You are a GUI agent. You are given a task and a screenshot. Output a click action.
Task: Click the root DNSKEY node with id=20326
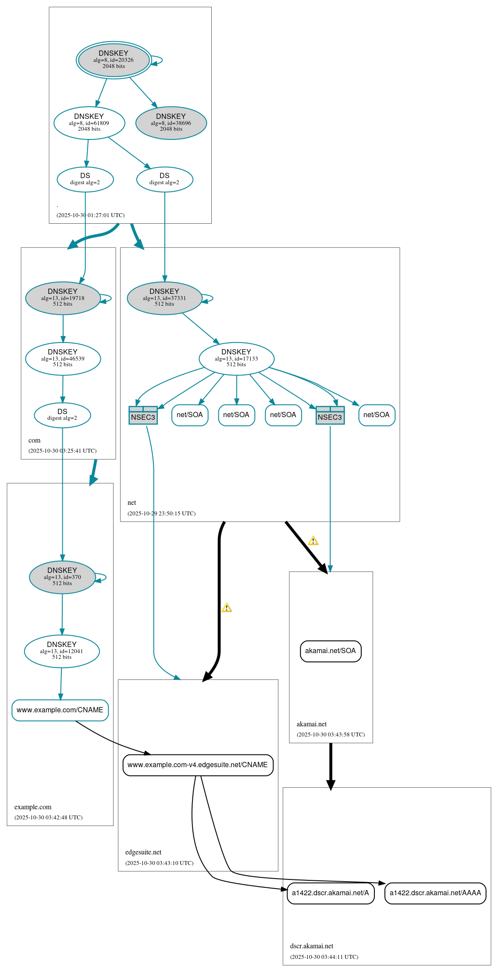pyautogui.click(x=114, y=60)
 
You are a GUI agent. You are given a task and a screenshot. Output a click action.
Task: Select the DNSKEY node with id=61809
pyautogui.click(x=89, y=123)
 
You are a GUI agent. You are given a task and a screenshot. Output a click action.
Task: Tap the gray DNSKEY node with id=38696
pyautogui.click(x=171, y=123)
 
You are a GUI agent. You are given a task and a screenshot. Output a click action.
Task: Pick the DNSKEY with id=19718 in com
pyautogui.click(x=63, y=298)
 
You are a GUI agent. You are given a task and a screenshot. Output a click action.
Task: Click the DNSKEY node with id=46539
pyautogui.click(x=63, y=358)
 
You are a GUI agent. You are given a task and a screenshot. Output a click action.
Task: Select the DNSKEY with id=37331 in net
pyautogui.click(x=164, y=298)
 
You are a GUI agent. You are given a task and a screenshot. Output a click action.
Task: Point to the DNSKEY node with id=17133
pyautogui.click(x=236, y=358)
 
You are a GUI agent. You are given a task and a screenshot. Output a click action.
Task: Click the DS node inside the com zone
pyautogui.click(x=62, y=415)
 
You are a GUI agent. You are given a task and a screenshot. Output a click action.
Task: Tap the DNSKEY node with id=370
pyautogui.click(x=62, y=577)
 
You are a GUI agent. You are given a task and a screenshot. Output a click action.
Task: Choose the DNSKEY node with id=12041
pyautogui.click(x=62, y=651)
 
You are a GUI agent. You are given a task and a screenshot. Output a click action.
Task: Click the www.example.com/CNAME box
pyautogui.click(x=60, y=710)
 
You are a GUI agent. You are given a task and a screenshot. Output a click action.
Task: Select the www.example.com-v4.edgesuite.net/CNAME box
pyautogui.click(x=198, y=765)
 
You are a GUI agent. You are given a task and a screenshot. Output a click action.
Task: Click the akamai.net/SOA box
pyautogui.click(x=331, y=651)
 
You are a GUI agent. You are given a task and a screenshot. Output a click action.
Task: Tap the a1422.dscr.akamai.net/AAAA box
pyautogui.click(x=435, y=893)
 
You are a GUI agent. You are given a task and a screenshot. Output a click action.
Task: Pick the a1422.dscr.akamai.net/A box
pyautogui.click(x=331, y=893)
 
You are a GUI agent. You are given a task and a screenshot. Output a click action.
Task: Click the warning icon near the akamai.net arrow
pyautogui.click(x=313, y=541)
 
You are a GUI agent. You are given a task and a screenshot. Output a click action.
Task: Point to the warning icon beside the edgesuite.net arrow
pyautogui.click(x=227, y=608)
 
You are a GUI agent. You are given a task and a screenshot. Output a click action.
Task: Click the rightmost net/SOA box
pyautogui.click(x=377, y=415)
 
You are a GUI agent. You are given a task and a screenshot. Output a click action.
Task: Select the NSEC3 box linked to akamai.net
pyautogui.click(x=330, y=415)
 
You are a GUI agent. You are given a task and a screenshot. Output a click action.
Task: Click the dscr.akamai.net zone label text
pyautogui.click(x=312, y=946)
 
